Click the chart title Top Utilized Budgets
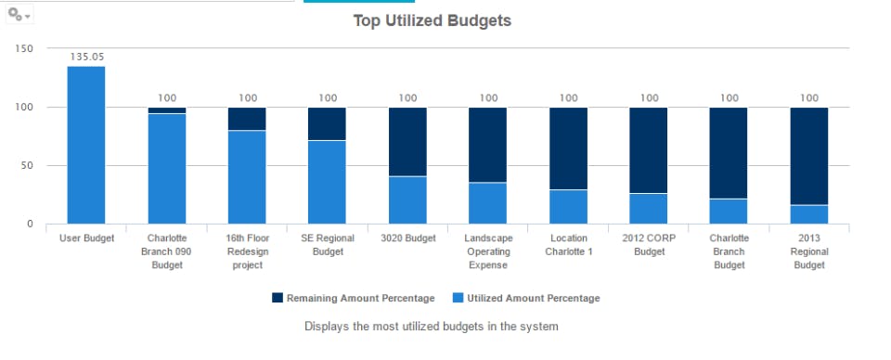tap(432, 20)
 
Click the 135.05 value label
tap(86, 56)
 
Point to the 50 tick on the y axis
tap(27, 165)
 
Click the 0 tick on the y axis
tap(30, 224)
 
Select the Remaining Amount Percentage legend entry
tap(353, 298)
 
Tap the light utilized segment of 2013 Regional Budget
tap(808, 214)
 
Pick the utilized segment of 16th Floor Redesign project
tap(247, 176)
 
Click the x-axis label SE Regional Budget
tap(327, 245)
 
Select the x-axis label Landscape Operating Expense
tap(487, 251)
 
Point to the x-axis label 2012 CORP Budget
tap(648, 245)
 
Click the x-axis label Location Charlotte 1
tap(568, 245)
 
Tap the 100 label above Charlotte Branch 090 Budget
tap(167, 97)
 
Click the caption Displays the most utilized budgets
tap(431, 327)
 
